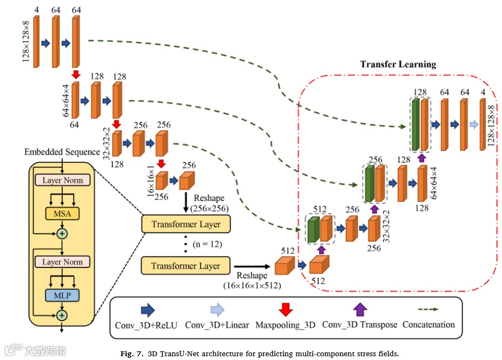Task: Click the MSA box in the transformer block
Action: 63,213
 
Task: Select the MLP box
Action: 63,295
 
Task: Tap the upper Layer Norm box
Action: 63,179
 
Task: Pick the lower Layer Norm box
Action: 63,262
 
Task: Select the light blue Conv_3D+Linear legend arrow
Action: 216,310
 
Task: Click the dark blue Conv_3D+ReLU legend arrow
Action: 147,310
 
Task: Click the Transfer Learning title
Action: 398,64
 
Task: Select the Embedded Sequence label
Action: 62,152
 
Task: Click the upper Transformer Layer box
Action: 186,224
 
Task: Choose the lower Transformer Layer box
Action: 186,266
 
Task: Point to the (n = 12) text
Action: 208,244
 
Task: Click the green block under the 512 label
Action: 312,229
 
